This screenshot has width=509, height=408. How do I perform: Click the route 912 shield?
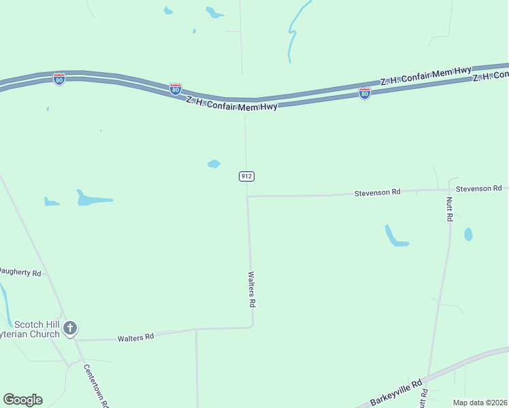246,176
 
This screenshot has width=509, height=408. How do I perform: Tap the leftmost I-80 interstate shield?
59,79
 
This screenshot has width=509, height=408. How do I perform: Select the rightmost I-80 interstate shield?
365,93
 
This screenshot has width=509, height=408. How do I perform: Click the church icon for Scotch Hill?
69,329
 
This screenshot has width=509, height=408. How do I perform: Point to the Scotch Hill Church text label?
30,329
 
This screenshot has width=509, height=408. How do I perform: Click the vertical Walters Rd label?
251,288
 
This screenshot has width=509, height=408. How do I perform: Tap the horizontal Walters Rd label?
135,337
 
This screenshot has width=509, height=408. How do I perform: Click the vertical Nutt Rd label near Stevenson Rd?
449,209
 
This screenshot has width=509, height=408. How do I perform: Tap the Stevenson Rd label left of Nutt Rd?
377,193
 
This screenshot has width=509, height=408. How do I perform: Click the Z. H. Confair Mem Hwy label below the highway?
231,103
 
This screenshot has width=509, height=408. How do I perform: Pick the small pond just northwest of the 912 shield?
214,164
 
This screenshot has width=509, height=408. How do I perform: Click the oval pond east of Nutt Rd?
468,235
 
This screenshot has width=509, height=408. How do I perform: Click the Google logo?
22,400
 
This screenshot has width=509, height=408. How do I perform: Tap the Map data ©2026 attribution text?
480,403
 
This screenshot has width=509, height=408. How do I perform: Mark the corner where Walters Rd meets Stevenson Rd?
248,197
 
